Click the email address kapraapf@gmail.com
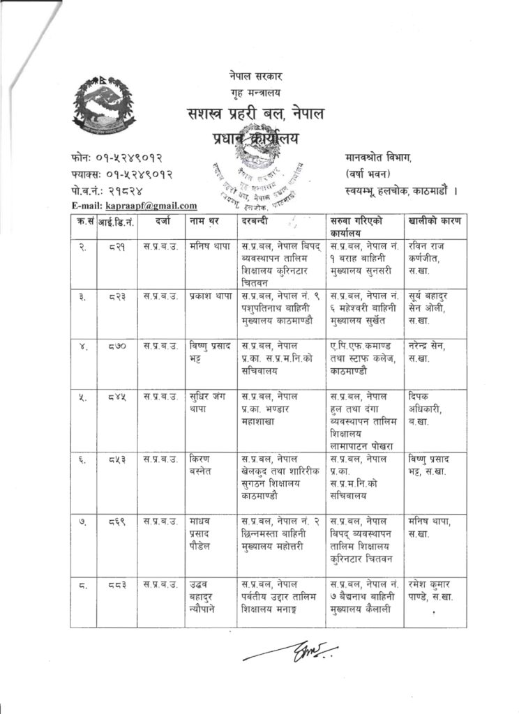click(151, 206)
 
